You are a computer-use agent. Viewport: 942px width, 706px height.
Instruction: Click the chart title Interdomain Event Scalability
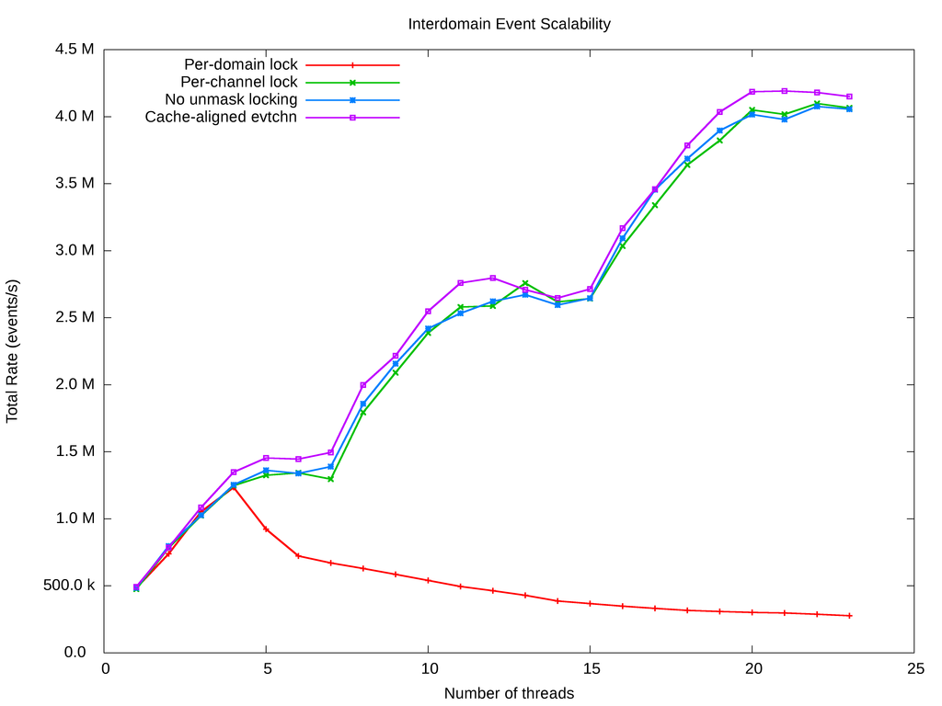click(x=509, y=24)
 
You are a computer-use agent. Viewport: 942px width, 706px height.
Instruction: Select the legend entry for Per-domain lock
click(x=241, y=65)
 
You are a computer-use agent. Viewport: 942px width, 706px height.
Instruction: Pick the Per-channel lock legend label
click(x=239, y=82)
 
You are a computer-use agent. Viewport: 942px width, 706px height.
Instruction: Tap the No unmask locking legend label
click(x=231, y=99)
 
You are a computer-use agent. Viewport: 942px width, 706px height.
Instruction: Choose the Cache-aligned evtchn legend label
click(x=221, y=117)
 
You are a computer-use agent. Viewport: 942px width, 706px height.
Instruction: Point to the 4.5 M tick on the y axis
click(x=75, y=50)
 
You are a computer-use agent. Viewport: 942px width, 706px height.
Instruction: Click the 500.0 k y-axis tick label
click(x=69, y=586)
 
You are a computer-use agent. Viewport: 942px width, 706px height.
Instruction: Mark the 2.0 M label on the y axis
click(x=75, y=384)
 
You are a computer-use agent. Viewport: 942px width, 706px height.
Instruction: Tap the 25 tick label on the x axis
click(x=914, y=669)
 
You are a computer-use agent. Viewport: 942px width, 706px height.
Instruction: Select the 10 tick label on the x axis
click(x=428, y=669)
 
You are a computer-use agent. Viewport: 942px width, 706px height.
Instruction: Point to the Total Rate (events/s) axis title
click(x=13, y=351)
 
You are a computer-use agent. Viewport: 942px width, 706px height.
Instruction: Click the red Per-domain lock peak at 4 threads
click(x=234, y=487)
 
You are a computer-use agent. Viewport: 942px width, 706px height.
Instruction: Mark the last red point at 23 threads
click(x=849, y=615)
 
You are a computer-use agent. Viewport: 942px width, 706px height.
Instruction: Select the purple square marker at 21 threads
click(x=785, y=91)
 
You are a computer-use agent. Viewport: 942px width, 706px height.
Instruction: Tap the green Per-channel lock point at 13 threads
click(x=525, y=283)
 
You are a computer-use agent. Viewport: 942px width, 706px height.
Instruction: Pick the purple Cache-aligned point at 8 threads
click(x=363, y=385)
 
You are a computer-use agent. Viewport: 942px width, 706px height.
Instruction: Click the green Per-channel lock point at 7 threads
click(x=330, y=479)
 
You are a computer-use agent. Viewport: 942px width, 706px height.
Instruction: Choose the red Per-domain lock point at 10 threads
click(x=428, y=580)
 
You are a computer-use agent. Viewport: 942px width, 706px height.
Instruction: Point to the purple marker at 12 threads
click(x=493, y=278)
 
